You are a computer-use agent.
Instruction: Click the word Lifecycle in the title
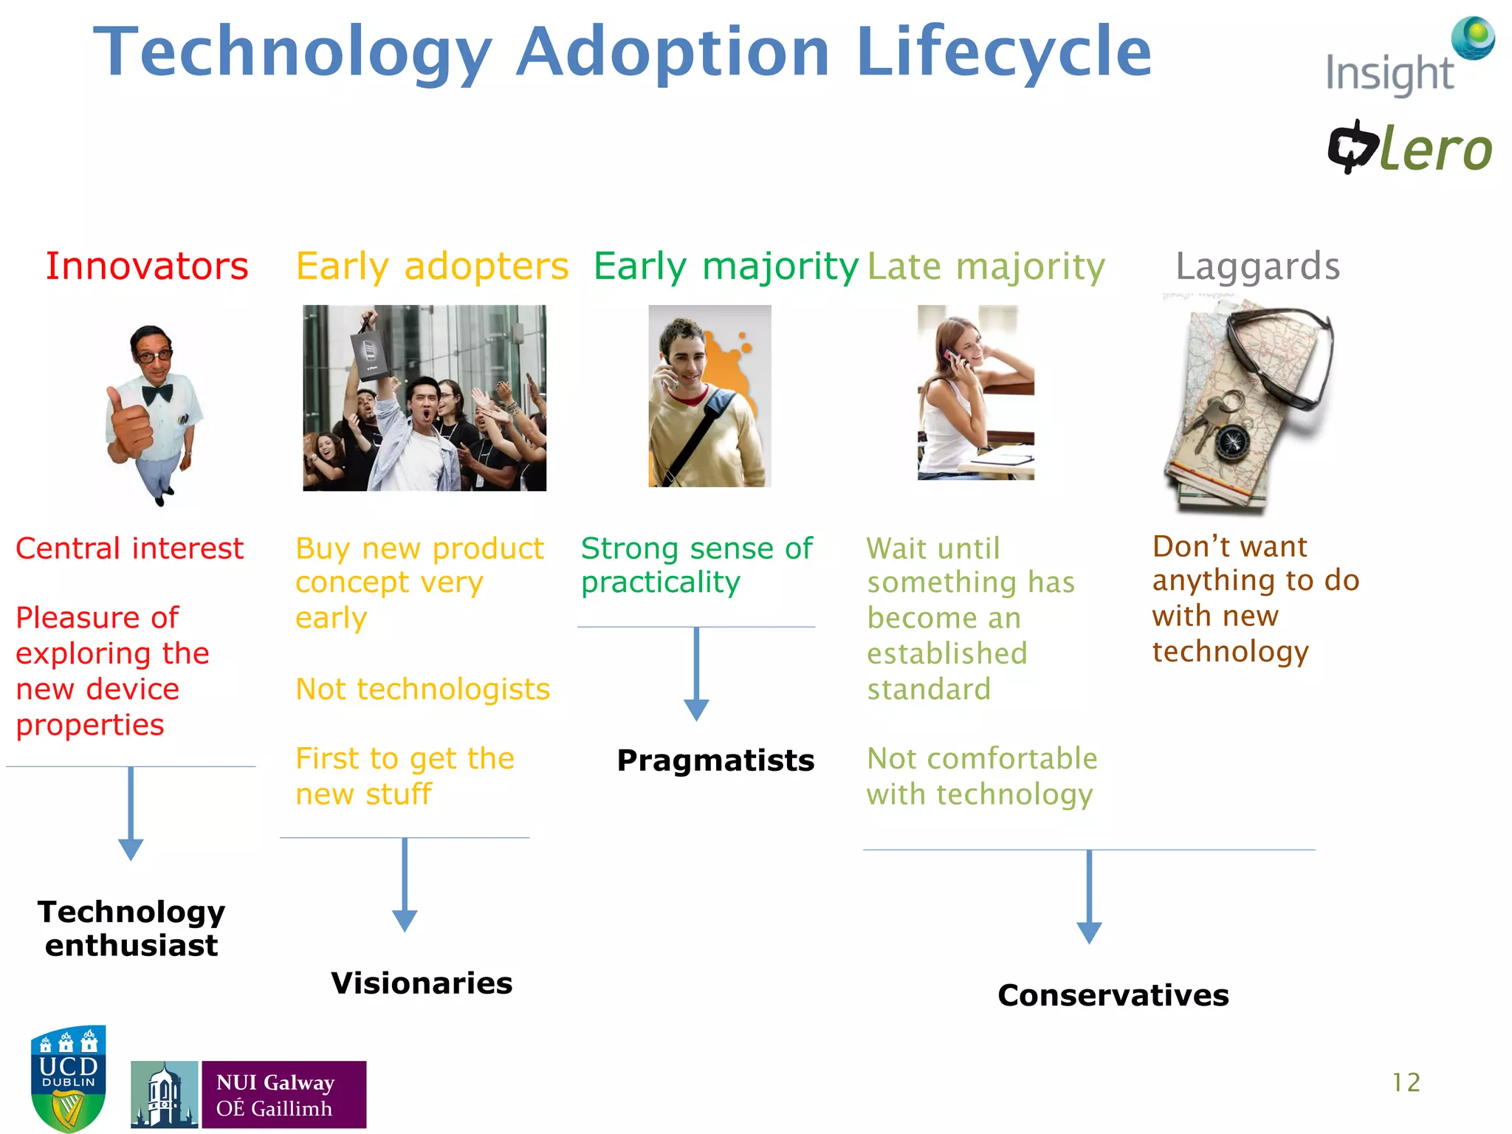coord(1003,53)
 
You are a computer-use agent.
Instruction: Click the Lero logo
coord(1410,148)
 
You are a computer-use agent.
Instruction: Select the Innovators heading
coord(147,267)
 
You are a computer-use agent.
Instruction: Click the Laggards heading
coord(1257,267)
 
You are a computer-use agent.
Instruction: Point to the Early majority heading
coord(726,267)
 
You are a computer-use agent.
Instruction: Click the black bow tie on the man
coord(157,393)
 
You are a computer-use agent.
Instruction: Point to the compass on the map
coord(1231,442)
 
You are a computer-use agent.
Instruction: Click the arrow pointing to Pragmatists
coord(696,676)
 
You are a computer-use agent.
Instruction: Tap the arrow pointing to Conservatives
coord(1089,897)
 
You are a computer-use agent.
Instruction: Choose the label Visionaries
coord(422,983)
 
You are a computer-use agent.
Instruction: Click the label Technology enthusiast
coord(131,929)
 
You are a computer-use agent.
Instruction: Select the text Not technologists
coord(422,690)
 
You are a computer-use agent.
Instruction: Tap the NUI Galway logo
coord(248,1094)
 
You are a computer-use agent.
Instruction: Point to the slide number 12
coord(1405,1082)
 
